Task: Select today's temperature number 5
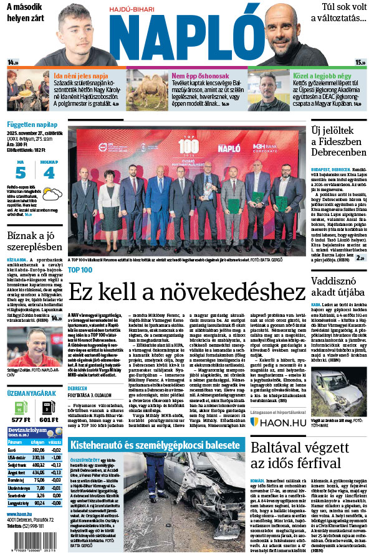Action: [x=21, y=172]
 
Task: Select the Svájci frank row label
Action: [x=16, y=464]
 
